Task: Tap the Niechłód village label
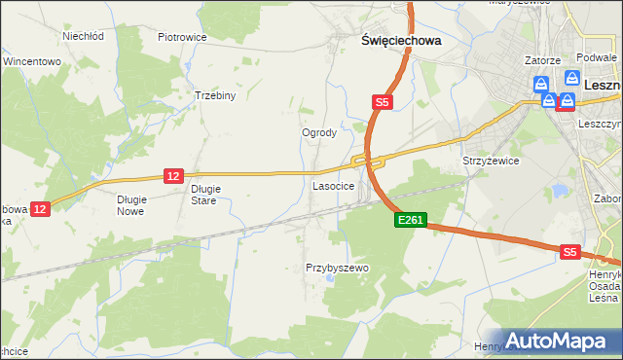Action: point(83,36)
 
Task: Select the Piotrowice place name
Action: point(182,38)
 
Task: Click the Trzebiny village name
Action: point(215,96)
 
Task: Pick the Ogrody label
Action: point(319,133)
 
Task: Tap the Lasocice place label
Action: point(333,185)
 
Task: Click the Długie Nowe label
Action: point(130,204)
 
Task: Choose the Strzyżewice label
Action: point(491,161)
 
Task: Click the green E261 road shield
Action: point(410,221)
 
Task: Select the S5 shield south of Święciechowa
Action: point(383,101)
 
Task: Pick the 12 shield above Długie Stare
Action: point(173,175)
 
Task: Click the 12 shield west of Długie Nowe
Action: point(39,208)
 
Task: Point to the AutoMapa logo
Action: point(558,342)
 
